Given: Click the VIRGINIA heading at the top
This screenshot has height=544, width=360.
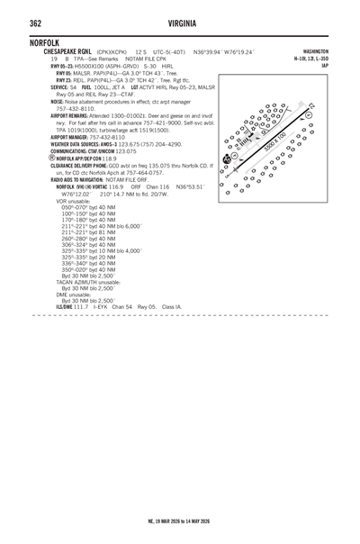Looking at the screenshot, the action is pos(180,22).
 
